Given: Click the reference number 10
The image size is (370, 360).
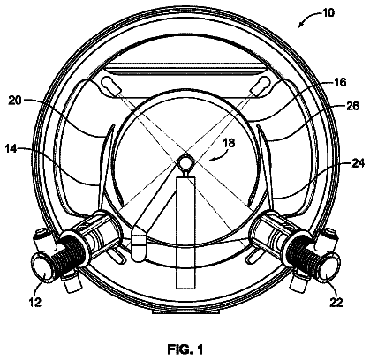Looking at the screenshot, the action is click(328, 12).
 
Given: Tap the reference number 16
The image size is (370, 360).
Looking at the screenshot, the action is click(340, 82).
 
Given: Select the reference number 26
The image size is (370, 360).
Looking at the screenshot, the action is click(352, 106).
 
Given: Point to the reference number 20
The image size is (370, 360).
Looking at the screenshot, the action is click(15, 101).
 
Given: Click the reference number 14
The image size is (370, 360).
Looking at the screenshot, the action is click(11, 149).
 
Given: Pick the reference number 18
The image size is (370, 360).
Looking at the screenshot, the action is click(229, 143).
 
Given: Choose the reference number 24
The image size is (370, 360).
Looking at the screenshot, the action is click(358, 162).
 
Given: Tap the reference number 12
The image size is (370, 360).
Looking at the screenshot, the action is click(35, 302).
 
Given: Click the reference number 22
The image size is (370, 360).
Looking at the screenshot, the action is click(336, 302).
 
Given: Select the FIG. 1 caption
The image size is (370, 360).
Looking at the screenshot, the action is click(185, 349).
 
